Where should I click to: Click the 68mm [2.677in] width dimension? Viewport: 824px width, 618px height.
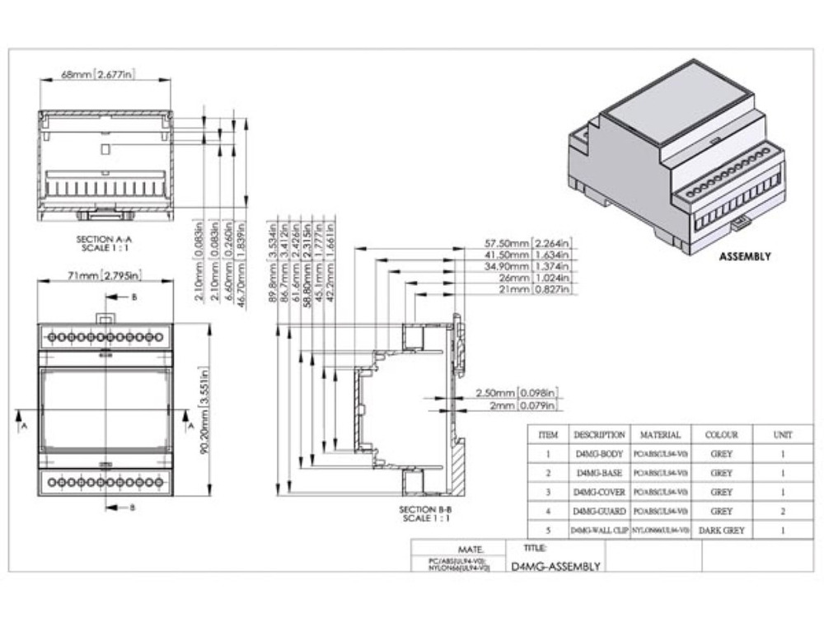point(98,74)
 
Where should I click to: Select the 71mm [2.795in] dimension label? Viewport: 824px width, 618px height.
point(105,274)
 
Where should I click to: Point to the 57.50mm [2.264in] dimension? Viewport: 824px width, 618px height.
point(528,243)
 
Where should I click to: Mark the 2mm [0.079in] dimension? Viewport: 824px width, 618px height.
point(524,405)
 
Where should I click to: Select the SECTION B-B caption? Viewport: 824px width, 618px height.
point(425,514)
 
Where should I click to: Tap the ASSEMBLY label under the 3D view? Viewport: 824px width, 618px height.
point(745,256)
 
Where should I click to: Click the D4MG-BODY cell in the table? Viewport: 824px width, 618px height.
point(599,454)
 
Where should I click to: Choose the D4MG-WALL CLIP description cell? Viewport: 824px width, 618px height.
point(599,531)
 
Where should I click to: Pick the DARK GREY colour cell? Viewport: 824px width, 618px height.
point(721,531)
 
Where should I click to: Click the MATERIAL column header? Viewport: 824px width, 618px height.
point(661,434)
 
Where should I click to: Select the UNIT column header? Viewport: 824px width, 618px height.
point(782,434)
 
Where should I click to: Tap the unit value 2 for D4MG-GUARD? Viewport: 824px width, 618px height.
point(782,512)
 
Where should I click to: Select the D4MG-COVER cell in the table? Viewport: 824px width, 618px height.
point(599,493)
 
